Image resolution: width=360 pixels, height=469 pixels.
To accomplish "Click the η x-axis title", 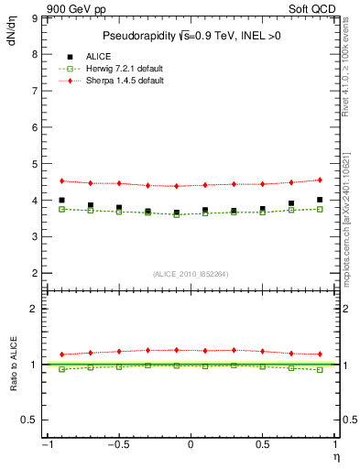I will [335, 456].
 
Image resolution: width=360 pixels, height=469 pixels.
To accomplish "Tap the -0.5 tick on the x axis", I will [118, 444].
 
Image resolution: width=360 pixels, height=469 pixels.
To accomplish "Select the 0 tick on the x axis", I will [191, 444].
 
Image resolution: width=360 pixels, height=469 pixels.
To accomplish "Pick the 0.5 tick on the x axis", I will [262, 444].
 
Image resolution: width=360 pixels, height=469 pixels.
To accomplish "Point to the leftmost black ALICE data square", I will [61, 200].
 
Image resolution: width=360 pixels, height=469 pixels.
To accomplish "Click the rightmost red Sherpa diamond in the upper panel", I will [320, 180].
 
